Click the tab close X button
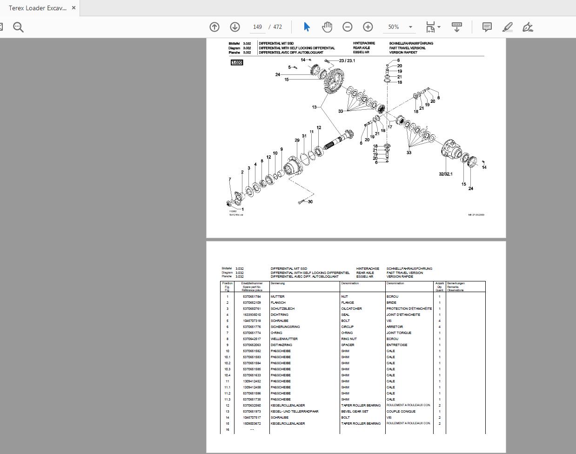[74, 8]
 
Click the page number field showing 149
[258, 27]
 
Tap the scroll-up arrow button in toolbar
[214, 27]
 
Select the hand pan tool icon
[327, 27]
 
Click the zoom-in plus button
[368, 27]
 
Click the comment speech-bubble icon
[487, 27]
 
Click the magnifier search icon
[18, 27]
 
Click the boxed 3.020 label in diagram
[237, 62]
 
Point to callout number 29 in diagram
[297, 140]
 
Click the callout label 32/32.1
[445, 174]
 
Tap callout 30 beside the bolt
[310, 202]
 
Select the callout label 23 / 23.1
[347, 60]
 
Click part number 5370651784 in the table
[252, 296]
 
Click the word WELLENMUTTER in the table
[284, 339]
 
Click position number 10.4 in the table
[227, 375]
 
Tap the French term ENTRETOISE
[397, 345]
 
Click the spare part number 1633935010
[252, 314]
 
